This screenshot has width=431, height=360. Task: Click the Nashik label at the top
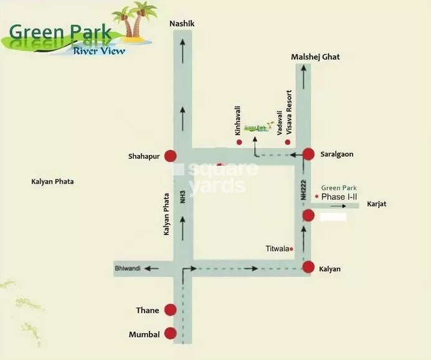(182, 24)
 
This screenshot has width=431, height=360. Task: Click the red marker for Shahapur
(170, 156)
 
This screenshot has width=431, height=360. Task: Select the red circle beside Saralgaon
(308, 153)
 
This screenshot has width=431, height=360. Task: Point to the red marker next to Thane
(171, 310)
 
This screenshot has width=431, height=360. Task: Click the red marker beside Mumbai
(171, 334)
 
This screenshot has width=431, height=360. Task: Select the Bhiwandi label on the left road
(128, 268)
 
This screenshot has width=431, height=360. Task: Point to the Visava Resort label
(288, 113)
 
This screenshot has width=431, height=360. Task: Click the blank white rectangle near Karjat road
(333, 217)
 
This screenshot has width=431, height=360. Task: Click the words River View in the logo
(98, 50)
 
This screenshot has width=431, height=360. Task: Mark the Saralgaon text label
(337, 153)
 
